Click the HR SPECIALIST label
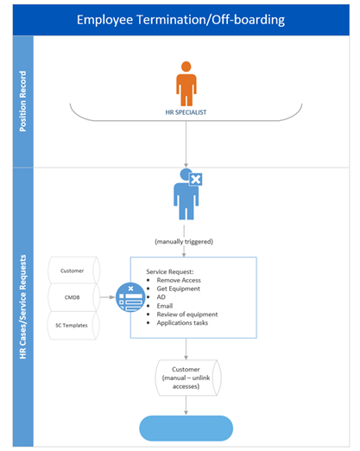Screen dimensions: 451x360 point(186,112)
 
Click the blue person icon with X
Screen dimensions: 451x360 point(186,195)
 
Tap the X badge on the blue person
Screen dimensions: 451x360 point(196,180)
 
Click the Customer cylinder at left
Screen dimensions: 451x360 point(73,271)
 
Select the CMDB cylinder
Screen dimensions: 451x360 point(73,298)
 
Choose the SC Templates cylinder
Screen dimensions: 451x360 point(73,325)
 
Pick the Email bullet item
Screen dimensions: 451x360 point(164,304)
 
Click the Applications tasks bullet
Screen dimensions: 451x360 point(184,325)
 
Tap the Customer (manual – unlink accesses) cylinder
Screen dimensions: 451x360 point(186,378)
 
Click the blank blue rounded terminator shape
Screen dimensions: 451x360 point(186,428)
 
